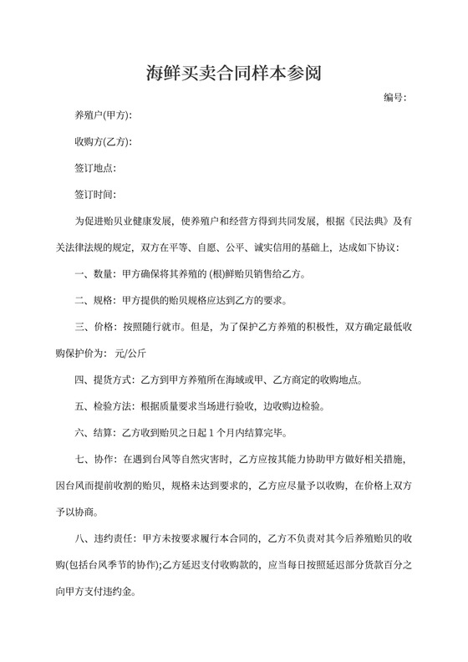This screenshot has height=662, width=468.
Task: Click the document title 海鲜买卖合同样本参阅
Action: click(x=233, y=74)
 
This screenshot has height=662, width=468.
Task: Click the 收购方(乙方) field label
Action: click(x=103, y=141)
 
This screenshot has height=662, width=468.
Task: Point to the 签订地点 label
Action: click(x=95, y=168)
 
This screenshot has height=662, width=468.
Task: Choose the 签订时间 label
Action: click(x=95, y=195)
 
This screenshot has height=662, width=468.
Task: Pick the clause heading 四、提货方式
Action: click(x=104, y=380)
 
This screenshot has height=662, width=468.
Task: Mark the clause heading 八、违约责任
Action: click(x=104, y=539)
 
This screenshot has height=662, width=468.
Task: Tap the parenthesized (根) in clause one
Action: click(x=231, y=274)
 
